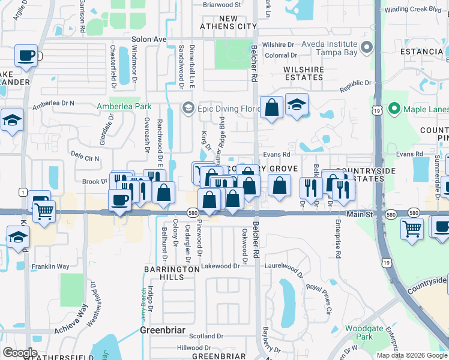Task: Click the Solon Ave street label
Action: point(148,39)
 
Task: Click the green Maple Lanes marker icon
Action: point(394,109)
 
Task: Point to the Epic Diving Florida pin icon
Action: point(188,109)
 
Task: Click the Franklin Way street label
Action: point(50,266)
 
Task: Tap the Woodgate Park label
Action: point(360,332)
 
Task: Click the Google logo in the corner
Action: point(20,352)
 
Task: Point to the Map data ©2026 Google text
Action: point(411,355)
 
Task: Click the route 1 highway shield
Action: point(22,191)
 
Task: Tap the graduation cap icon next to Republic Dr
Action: point(297,105)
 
